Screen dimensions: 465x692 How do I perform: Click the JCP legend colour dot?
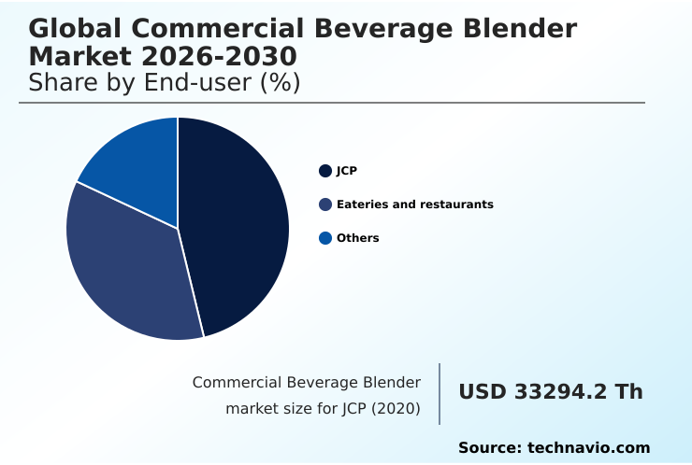point(325,171)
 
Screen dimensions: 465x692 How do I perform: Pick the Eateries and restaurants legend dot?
point(325,204)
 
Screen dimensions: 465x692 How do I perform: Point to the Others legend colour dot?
point(325,238)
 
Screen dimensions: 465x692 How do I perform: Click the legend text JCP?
point(347,171)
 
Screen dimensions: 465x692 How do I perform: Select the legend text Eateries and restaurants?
point(414,204)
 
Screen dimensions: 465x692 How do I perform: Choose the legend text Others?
point(357,238)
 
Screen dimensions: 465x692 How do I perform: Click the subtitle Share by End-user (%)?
point(164,82)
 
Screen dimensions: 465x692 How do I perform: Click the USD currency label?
point(482,392)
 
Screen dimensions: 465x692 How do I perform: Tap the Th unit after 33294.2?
point(628,392)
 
